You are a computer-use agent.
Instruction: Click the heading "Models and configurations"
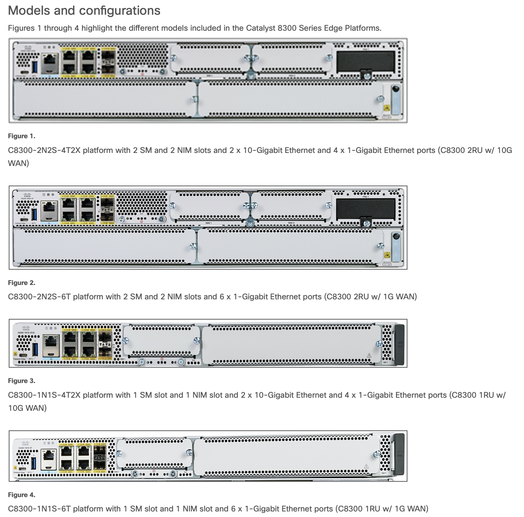point(84,10)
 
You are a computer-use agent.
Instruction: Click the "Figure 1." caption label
point(22,136)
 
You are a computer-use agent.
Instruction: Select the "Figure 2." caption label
point(22,283)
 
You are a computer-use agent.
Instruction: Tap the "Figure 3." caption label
point(22,381)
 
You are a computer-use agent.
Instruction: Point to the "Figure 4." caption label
point(22,495)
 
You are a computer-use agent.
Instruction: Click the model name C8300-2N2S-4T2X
point(44,150)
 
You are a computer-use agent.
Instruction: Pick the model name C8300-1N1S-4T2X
point(44,395)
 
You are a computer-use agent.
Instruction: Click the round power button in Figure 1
point(395,89)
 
